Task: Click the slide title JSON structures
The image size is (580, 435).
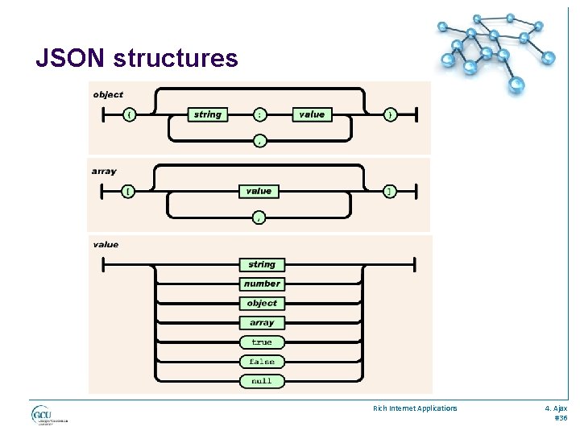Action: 137,59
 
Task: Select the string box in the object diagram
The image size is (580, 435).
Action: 207,114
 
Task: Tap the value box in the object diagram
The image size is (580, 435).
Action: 312,114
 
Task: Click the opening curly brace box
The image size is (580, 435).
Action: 129,114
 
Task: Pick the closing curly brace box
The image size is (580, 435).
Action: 390,114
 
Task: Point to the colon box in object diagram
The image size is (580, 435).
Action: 259,114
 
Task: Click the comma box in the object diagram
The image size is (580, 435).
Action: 259,141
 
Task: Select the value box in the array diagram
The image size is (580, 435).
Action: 259,191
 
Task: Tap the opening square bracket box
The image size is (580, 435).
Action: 129,191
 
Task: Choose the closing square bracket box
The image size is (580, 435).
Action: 390,191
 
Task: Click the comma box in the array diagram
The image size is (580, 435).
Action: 259,217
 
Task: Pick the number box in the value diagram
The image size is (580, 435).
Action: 262,284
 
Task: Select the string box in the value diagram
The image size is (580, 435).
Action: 262,264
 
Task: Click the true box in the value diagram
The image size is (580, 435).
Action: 262,342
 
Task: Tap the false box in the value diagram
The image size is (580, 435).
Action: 262,362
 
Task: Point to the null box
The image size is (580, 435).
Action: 262,381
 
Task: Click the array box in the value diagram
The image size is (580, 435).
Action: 262,323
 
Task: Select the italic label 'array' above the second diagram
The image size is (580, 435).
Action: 104,171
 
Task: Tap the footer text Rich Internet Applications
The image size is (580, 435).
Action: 415,408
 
